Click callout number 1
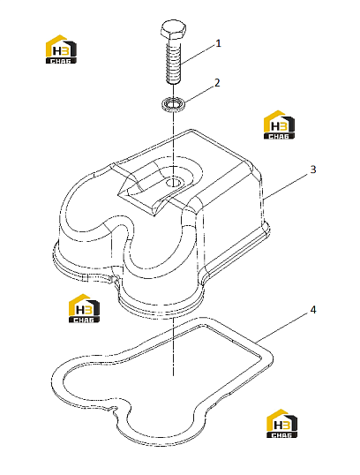218,43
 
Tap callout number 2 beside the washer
217,83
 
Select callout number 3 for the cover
313,170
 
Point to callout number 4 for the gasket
312,310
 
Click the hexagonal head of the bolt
172,30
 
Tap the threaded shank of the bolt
174,62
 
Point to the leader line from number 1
199,55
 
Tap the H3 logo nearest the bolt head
61,49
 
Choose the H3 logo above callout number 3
279,125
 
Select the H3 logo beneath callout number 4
281,424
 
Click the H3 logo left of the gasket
84,308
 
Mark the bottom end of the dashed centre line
173,375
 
